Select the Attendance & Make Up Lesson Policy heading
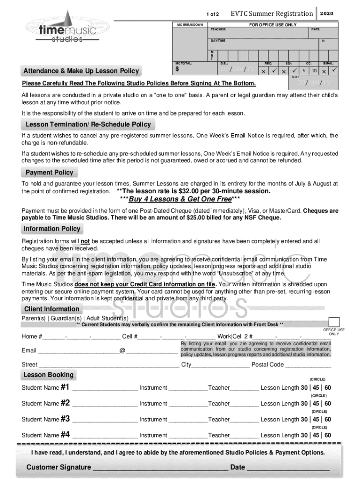pyautogui.click(x=81, y=71)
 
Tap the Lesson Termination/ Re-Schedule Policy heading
pyautogui.click(x=88, y=124)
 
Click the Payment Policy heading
pyautogui.click(x=49, y=172)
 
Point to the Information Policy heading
pyautogui.click(x=52, y=229)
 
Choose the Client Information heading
pyautogui.click(x=51, y=309)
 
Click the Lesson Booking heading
pyautogui.click(x=48, y=375)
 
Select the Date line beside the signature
pyautogui.click(x=288, y=467)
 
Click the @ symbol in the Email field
pyautogui.click(x=122, y=350)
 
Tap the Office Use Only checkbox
pyautogui.click(x=334, y=322)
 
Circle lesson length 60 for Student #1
pyautogui.click(x=328, y=388)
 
